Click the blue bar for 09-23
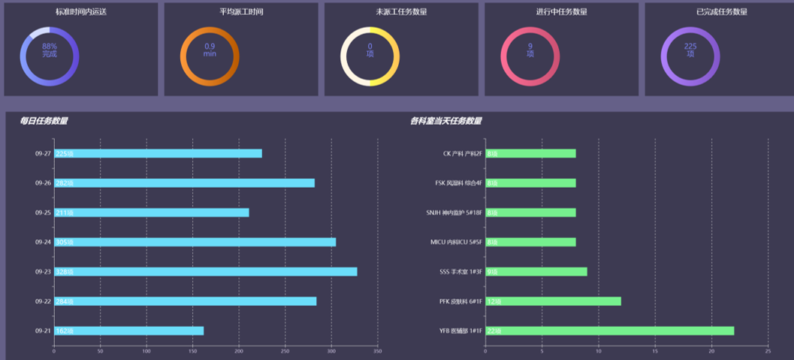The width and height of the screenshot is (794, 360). point(205,271)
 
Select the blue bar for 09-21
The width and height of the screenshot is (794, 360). point(128,331)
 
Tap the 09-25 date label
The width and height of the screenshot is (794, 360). point(43,213)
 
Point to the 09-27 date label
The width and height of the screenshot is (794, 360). point(43,153)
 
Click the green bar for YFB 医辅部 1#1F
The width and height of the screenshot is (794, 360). point(609,331)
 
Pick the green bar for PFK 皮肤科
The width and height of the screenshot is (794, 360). point(553,301)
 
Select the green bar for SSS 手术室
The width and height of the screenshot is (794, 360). point(536,271)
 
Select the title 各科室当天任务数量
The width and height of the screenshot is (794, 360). point(446,121)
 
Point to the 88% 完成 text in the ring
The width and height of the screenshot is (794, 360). point(50,50)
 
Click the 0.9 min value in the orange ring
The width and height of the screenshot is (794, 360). point(210,50)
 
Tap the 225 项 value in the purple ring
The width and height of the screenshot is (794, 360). point(690,50)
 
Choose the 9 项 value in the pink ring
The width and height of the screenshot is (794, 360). point(530,50)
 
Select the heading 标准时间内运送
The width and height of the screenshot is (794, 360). point(81,12)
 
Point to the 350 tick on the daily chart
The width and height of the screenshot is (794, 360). point(378,351)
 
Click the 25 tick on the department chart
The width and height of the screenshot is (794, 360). point(768,351)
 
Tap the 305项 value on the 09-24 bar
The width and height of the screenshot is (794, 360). point(65,242)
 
